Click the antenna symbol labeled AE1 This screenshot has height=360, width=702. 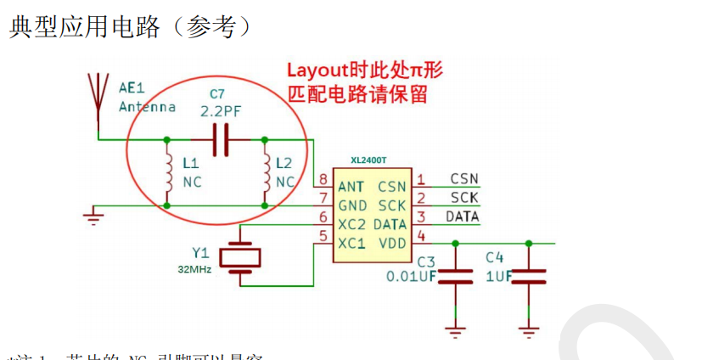(x=98, y=93)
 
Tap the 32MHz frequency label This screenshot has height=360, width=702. (x=194, y=269)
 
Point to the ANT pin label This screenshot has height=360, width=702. (x=351, y=186)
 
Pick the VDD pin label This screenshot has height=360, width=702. (x=391, y=243)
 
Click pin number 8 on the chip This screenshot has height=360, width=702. (x=323, y=180)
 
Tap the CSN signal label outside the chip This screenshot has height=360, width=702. (x=463, y=179)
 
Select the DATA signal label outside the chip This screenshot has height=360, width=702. (x=463, y=217)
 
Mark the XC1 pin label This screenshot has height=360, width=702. (x=352, y=243)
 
